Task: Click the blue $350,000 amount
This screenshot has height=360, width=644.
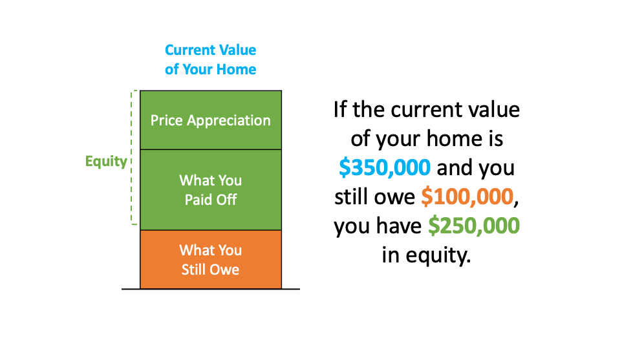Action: click(x=385, y=168)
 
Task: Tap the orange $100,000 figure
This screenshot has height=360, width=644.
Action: click(x=467, y=196)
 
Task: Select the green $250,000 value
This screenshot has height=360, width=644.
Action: click(x=474, y=226)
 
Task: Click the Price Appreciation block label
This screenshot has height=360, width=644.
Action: click(x=210, y=121)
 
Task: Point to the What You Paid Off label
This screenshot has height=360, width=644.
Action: click(x=211, y=190)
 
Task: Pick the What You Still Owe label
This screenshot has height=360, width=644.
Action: click(x=211, y=260)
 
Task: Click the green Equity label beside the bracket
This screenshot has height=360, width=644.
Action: click(x=106, y=162)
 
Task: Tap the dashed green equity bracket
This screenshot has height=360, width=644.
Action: click(x=131, y=158)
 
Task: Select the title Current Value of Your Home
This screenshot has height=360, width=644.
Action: click(x=210, y=59)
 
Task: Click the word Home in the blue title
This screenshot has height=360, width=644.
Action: click(x=236, y=69)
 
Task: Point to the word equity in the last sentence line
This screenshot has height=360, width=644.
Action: click(x=438, y=255)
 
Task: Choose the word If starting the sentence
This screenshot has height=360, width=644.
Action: click(x=339, y=110)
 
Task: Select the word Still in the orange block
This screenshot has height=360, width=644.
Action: click(x=193, y=270)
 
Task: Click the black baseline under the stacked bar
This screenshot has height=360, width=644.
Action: click(x=211, y=289)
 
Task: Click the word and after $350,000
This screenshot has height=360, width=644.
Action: click(x=452, y=168)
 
